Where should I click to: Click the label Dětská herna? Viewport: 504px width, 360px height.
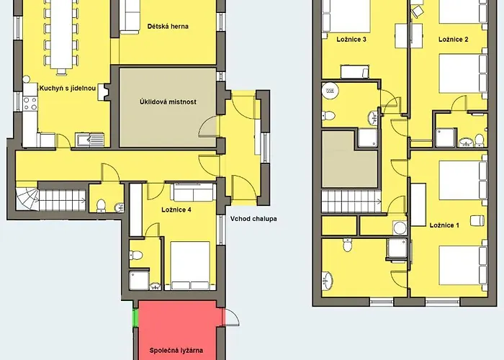(x=168, y=27)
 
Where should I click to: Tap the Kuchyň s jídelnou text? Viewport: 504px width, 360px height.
(x=68, y=88)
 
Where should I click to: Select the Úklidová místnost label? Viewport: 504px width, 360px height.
(x=168, y=102)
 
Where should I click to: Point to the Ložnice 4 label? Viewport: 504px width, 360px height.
(x=176, y=210)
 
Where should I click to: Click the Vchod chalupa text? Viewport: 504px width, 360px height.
(x=253, y=219)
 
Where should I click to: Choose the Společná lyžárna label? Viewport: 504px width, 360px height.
(x=176, y=351)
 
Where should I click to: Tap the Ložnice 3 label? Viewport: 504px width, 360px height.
(x=351, y=40)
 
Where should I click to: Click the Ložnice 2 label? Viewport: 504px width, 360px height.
(x=453, y=40)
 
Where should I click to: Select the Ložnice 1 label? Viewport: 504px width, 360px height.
(x=444, y=225)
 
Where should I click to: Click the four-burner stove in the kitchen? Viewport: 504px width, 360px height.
(x=30, y=103)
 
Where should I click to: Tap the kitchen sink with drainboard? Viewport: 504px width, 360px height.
(x=90, y=140)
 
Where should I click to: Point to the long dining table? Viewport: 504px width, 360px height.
(x=61, y=34)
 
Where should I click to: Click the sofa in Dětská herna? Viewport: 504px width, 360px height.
(x=130, y=17)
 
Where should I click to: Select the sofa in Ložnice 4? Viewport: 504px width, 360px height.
(x=193, y=192)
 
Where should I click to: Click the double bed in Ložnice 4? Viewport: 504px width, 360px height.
(x=190, y=266)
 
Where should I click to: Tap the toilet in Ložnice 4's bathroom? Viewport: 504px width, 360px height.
(x=136, y=255)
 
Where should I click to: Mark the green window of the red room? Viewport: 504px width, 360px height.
(x=135, y=318)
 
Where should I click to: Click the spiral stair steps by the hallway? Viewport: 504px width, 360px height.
(x=27, y=199)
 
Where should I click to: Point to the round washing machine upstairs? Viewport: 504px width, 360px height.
(x=400, y=228)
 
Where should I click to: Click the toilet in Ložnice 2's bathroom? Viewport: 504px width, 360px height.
(x=480, y=140)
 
